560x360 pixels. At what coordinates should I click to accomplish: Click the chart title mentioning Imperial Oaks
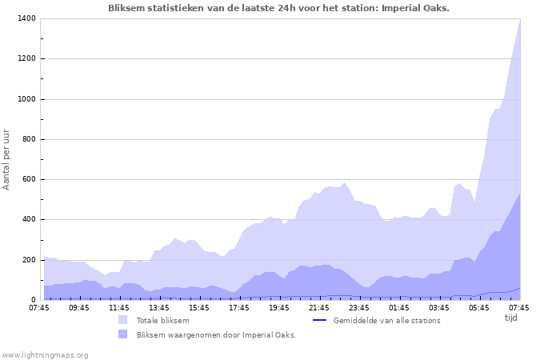278,8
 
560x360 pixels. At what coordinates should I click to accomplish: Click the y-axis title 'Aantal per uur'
7,158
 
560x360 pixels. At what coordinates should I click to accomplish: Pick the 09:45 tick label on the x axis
79,307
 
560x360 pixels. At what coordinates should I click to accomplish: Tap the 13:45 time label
159,307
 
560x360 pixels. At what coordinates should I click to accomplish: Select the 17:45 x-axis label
239,307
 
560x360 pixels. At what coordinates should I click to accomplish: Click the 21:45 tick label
319,307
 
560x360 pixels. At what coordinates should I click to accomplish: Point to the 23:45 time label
359,307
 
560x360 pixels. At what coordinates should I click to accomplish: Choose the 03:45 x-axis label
439,307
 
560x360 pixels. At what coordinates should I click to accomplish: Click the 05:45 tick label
479,307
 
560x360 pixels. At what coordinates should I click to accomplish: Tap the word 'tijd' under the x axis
511,318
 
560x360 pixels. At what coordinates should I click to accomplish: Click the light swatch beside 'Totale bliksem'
122,320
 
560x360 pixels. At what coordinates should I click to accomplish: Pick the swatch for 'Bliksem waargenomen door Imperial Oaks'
122,334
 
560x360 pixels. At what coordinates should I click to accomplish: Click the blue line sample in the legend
319,320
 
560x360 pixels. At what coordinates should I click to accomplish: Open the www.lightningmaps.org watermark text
45,354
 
